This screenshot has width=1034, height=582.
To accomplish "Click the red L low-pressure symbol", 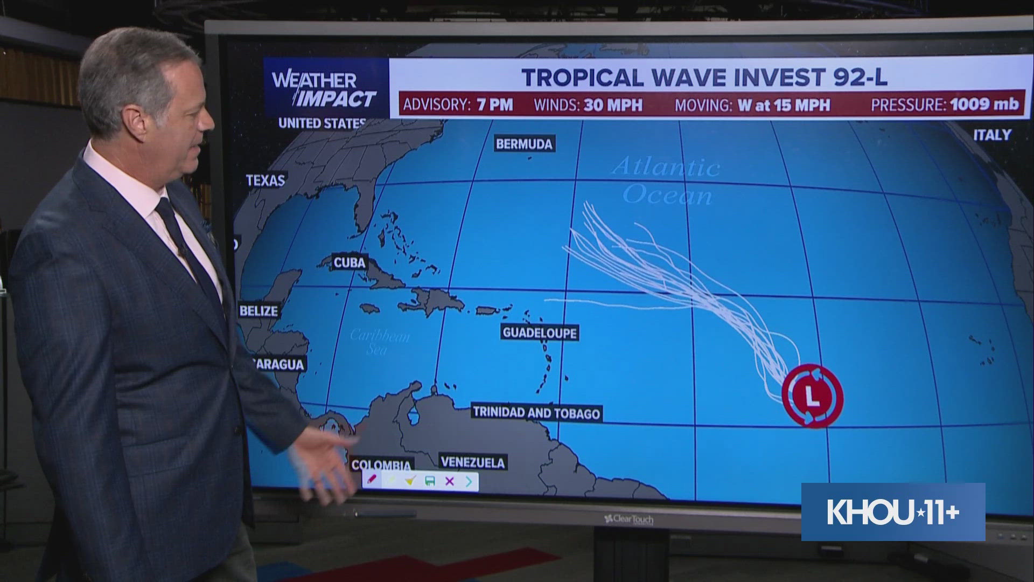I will [x=812, y=397].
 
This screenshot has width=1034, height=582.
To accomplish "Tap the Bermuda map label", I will [x=524, y=144].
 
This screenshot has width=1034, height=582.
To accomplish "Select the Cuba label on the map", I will [x=350, y=263].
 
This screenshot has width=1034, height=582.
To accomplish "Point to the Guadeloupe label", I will [x=539, y=332].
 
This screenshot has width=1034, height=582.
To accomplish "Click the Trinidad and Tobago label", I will [x=536, y=413].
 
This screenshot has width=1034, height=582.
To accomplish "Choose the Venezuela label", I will [x=472, y=462].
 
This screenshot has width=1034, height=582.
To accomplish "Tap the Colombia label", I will [x=381, y=465].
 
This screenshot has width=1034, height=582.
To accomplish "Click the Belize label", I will [x=259, y=311].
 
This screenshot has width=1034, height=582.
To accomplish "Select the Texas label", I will [x=266, y=180].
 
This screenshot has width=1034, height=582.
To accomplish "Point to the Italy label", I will [x=992, y=135].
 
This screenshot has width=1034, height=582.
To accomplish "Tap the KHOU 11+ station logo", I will [x=893, y=512].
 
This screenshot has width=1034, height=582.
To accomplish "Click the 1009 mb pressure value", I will [x=984, y=104].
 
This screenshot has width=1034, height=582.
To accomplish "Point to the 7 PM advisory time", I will [x=494, y=105].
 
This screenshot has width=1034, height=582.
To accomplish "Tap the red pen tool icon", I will [x=371, y=479].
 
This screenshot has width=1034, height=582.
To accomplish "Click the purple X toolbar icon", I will [x=450, y=481].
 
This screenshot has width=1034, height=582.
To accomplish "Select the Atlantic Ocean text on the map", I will [x=667, y=181].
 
